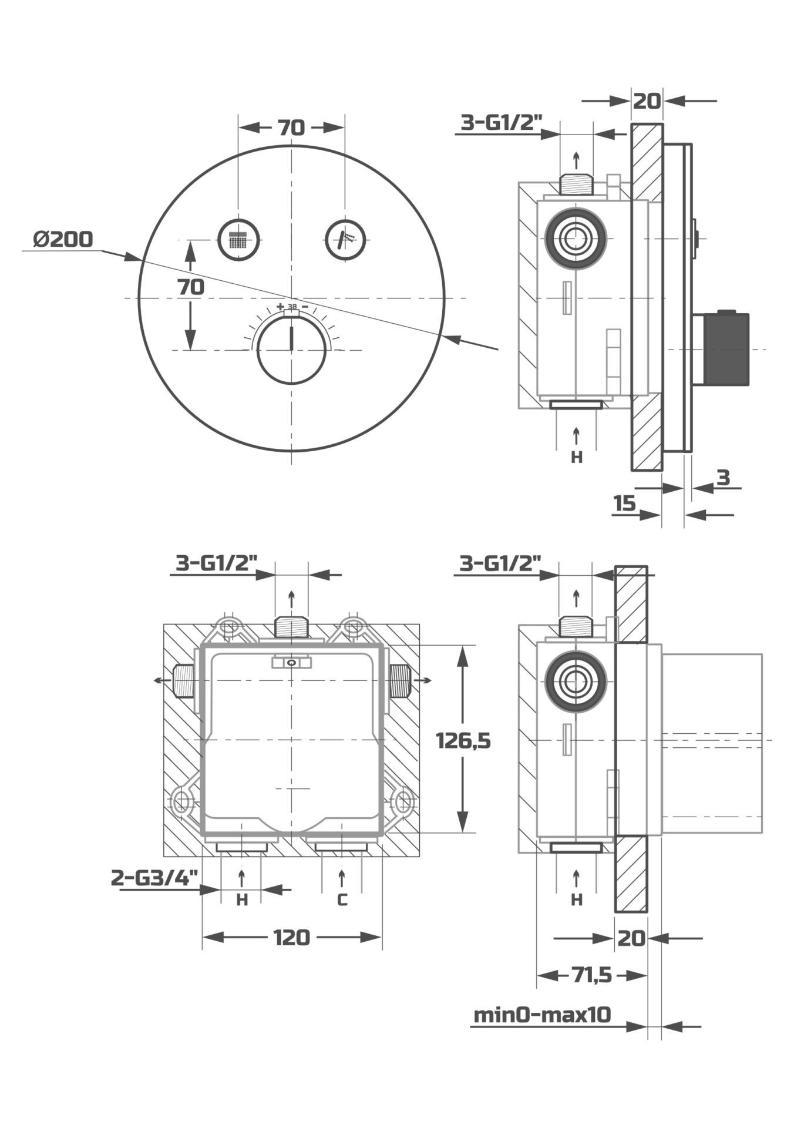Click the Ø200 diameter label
coord(63,240)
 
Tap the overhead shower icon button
coord(239,239)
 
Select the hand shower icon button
coord(346,239)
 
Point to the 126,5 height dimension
coord(463,741)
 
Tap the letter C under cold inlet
coord(342,899)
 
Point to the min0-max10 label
coord(542,1014)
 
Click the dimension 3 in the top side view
coord(724,478)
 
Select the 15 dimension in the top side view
coord(625,503)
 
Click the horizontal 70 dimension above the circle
coord(291,127)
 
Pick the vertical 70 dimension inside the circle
coord(191,287)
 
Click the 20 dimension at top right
coord(647,101)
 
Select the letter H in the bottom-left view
coord(242,899)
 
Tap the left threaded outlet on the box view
coord(184,680)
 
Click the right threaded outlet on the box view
coord(401,680)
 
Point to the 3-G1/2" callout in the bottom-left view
coord(217,563)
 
